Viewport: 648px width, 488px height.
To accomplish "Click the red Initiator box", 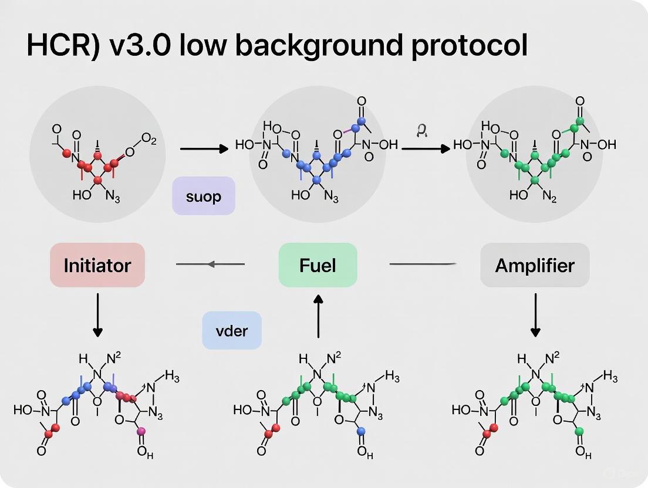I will click(x=97, y=265).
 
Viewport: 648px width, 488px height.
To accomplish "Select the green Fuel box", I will click(x=318, y=265).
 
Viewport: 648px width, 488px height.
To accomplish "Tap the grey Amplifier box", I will click(x=534, y=265).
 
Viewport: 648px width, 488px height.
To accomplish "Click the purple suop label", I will click(x=204, y=196).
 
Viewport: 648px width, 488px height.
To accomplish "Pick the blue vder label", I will click(x=231, y=330).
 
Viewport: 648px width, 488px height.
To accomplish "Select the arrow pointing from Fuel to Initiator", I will click(x=210, y=265).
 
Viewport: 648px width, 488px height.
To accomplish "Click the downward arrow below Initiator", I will click(x=97, y=314).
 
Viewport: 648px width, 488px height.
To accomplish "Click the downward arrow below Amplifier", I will click(x=535, y=314).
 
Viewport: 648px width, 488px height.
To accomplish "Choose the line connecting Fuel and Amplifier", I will click(x=423, y=265).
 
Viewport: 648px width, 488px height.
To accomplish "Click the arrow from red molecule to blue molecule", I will click(x=203, y=149).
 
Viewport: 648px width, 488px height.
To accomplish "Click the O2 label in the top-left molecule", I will click(x=147, y=141).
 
